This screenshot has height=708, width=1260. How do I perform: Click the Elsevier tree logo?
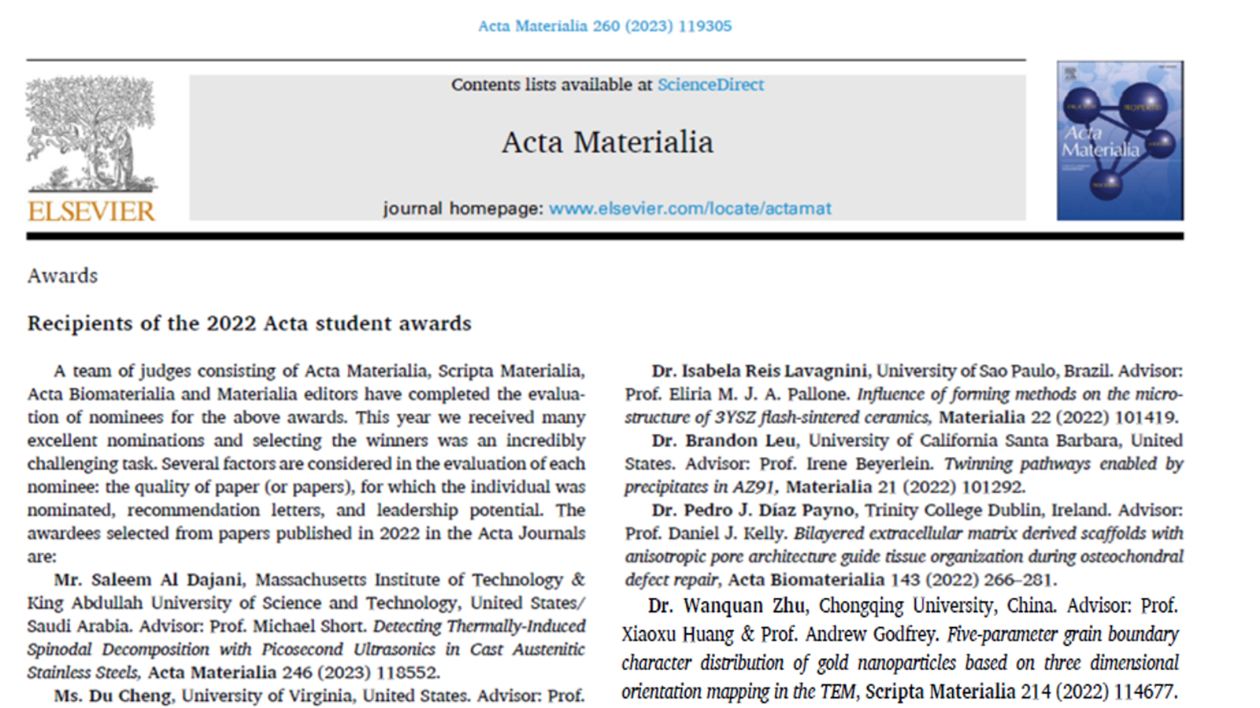91,134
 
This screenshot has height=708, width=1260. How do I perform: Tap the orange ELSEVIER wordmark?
91,211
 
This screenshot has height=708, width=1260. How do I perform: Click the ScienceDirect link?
710,85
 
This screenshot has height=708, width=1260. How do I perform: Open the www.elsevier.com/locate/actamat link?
690,208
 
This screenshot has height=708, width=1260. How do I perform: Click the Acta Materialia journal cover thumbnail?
1119,141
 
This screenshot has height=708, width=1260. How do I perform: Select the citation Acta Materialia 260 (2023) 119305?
605,26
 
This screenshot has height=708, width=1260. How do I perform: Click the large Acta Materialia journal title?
607,142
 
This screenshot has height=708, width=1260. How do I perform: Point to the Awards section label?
63,276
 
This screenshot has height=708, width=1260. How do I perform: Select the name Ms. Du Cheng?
113,696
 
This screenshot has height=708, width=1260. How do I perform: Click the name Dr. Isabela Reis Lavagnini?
759,371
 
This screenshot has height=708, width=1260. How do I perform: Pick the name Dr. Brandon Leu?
724,441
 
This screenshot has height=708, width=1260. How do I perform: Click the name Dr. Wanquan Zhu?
726,606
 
